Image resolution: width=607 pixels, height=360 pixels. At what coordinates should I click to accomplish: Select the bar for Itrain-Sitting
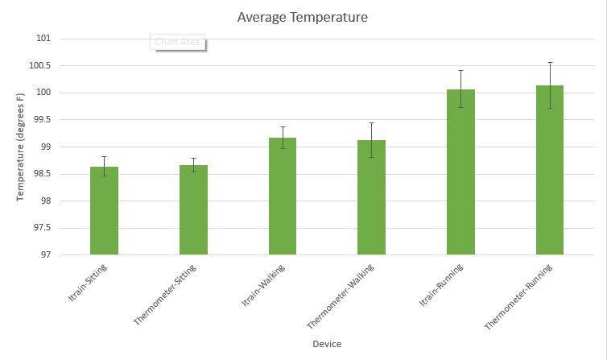point(104,211)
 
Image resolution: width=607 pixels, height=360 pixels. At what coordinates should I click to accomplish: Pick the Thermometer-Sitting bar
point(193,210)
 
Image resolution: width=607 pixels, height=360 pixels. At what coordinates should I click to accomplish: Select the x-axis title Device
point(327,344)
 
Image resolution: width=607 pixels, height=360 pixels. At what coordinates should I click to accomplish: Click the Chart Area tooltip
point(177,42)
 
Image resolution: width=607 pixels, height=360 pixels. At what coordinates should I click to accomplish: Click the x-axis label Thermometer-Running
point(520,295)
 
